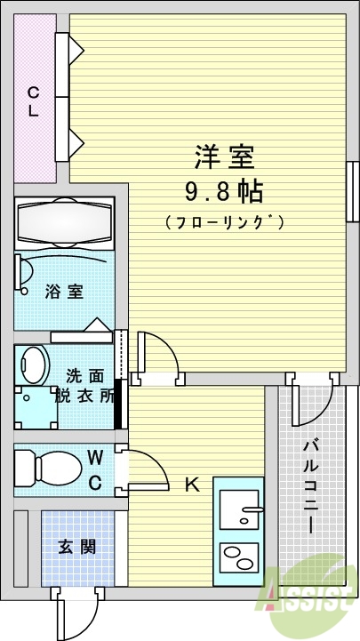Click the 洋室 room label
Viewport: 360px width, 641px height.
pyautogui.click(x=224, y=157)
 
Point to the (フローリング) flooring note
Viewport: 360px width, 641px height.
pyautogui.click(x=224, y=222)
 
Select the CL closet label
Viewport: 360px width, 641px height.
pyautogui.click(x=33, y=100)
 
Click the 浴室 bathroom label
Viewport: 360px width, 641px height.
pyautogui.click(x=63, y=291)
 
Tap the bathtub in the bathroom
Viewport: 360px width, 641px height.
pyautogui.click(x=65, y=223)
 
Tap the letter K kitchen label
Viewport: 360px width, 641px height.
pyautogui.click(x=190, y=485)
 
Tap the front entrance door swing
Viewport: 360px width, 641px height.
pyautogui.click(x=73, y=613)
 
